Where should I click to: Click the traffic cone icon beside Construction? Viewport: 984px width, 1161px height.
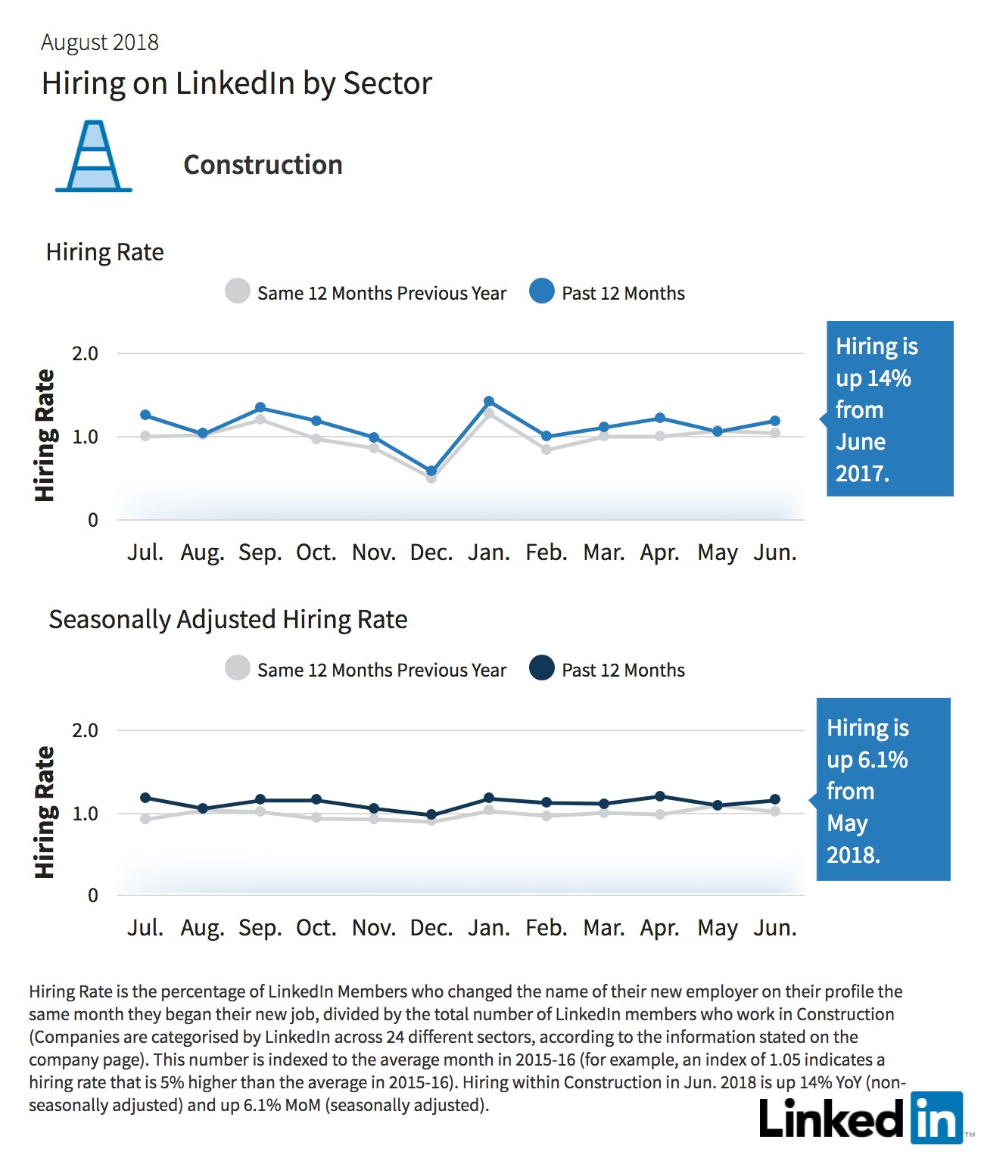point(94,156)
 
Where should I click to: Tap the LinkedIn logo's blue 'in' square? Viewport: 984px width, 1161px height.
point(936,1117)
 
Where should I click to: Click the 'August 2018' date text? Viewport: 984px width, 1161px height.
point(100,42)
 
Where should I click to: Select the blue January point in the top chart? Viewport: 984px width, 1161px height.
point(489,401)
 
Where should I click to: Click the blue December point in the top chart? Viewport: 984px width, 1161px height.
point(431,471)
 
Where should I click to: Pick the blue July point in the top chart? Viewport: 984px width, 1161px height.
point(145,415)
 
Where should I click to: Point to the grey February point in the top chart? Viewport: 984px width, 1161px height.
point(546,450)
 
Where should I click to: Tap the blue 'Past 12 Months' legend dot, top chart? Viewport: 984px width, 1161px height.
point(542,291)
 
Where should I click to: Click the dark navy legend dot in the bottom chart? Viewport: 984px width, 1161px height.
point(542,668)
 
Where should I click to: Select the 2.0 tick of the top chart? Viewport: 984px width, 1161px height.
point(85,354)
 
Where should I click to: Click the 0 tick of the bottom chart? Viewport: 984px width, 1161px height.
point(92,895)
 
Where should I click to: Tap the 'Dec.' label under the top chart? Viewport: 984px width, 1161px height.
point(431,552)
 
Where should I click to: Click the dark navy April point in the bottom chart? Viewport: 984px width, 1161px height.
point(660,796)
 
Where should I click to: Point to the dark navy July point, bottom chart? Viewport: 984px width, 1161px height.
point(145,798)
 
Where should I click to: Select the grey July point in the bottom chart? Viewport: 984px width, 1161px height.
point(145,819)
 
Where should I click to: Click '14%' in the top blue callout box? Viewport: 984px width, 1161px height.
point(889,378)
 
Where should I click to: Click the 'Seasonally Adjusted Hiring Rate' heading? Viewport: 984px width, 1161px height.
point(228,620)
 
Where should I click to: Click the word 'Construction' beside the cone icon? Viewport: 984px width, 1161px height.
point(263,165)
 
